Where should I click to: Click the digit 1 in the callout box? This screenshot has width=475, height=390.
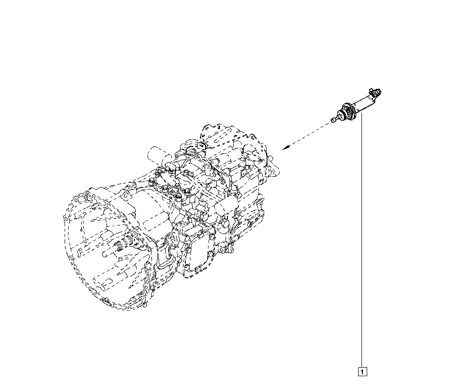click(362, 371)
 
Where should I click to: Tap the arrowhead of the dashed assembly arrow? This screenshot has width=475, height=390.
click(285, 147)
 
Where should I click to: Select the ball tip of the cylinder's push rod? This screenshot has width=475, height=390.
click(333, 120)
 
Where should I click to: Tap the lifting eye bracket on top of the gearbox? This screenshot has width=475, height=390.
click(200, 145)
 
